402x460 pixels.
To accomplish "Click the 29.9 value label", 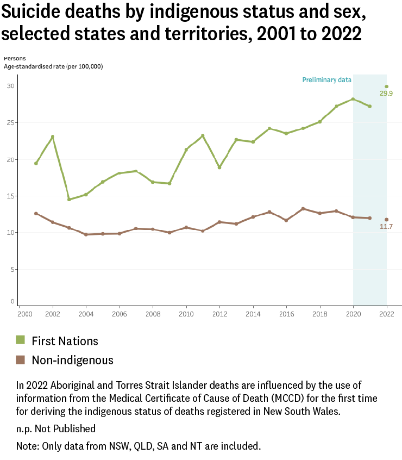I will (x=386, y=94).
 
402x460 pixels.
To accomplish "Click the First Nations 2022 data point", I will (x=386, y=86).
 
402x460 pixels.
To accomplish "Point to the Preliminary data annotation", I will (x=326, y=80).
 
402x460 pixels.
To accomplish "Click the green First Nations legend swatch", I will (x=21, y=340).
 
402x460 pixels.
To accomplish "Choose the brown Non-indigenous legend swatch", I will (x=21, y=359).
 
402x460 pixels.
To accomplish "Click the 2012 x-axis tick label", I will (x=219, y=314).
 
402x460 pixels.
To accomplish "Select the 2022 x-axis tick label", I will (x=386, y=314).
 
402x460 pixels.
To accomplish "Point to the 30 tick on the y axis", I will (x=10, y=86).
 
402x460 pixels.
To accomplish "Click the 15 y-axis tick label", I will (x=10, y=196).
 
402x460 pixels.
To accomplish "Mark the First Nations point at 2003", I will (x=69, y=199).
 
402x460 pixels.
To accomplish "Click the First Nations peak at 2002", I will (x=53, y=136).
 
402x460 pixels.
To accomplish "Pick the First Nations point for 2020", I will (x=353, y=99).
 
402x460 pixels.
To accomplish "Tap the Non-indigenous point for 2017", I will (x=303, y=209).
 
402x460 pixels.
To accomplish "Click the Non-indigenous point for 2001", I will (x=36, y=213).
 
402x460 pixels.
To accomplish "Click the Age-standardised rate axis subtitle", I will (x=53, y=66).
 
